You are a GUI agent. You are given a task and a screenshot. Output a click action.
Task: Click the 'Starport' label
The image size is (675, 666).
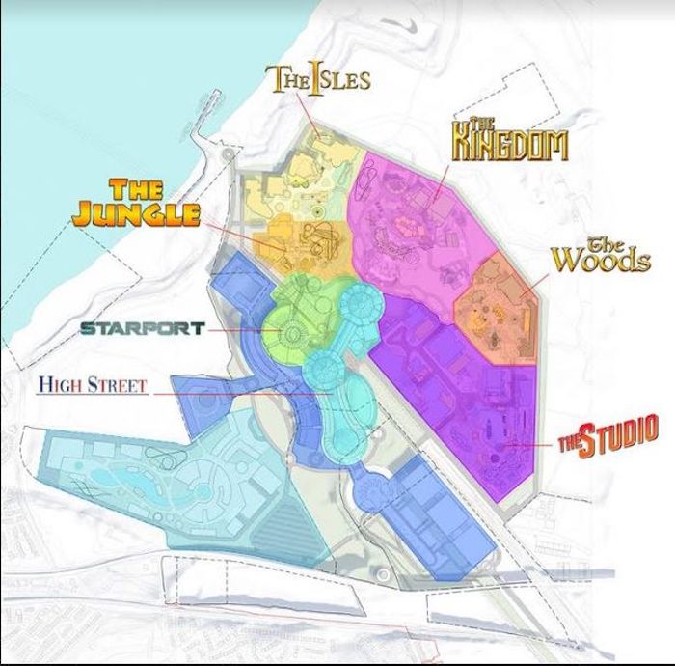pyautogui.click(x=142, y=328)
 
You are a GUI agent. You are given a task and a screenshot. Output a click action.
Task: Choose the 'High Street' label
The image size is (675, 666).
pyautogui.click(x=93, y=386)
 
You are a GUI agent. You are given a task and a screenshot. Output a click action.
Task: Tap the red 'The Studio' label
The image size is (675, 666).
pyautogui.click(x=609, y=434)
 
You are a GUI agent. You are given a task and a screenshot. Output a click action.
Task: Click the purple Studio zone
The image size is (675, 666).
pyautogui.click(x=463, y=405)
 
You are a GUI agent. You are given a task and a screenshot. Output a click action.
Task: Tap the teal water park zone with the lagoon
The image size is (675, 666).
pyautogui.click(x=145, y=483)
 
